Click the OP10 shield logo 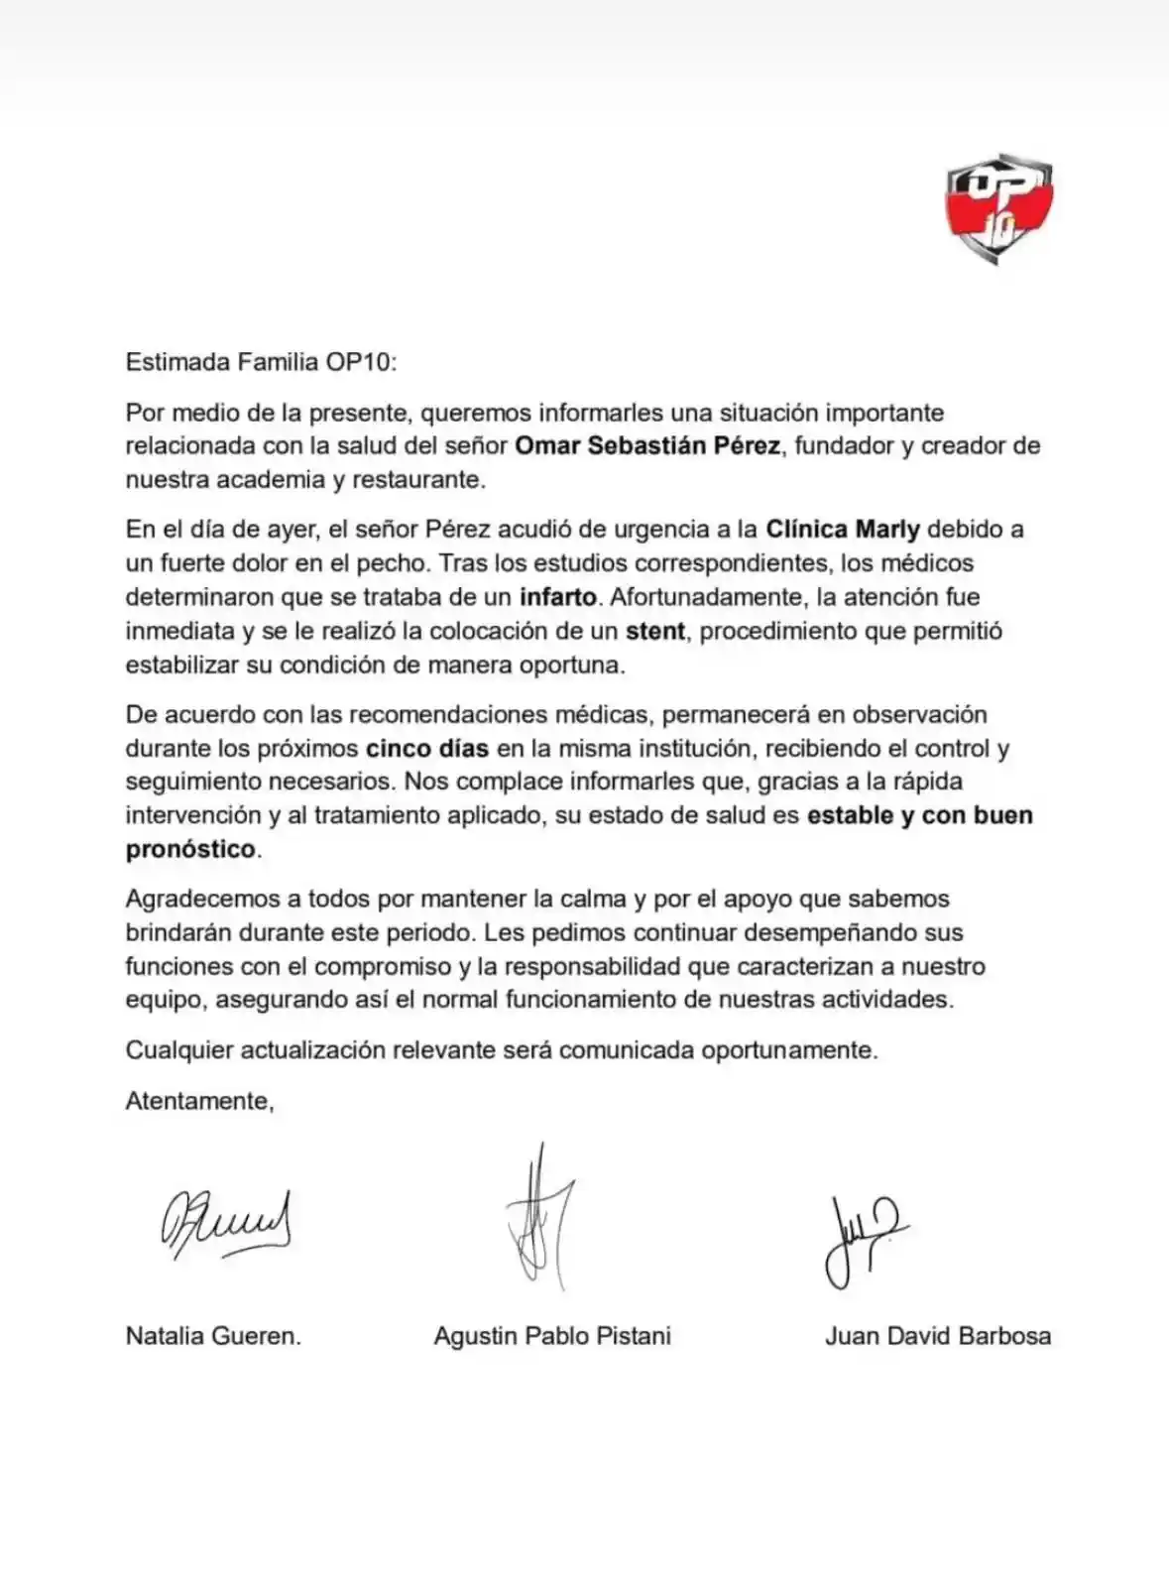(997, 208)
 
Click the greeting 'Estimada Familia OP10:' (261, 361)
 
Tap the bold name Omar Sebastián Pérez (646, 446)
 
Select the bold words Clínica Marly (843, 530)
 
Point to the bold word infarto (558, 597)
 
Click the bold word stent (655, 631)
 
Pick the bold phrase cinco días (427, 749)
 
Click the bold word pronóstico (190, 850)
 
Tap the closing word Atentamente (199, 1101)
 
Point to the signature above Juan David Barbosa (863, 1240)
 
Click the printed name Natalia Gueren (213, 1336)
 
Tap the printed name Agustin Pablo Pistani (552, 1336)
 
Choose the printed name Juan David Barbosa (937, 1336)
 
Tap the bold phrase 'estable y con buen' (920, 815)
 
